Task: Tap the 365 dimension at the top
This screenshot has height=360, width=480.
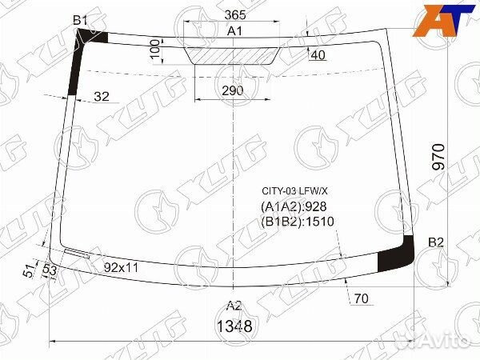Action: click(x=234, y=15)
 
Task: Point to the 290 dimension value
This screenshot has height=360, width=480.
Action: click(x=232, y=91)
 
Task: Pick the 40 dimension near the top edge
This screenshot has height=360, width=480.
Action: click(x=317, y=55)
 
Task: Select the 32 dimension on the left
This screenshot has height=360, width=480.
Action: click(x=102, y=97)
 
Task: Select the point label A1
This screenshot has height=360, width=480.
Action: click(x=234, y=31)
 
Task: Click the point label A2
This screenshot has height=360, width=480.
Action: click(x=233, y=305)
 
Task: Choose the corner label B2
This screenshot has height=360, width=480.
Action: click(x=435, y=242)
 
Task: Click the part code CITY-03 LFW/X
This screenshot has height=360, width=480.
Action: click(x=296, y=191)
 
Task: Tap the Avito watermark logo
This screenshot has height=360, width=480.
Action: click(x=437, y=343)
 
